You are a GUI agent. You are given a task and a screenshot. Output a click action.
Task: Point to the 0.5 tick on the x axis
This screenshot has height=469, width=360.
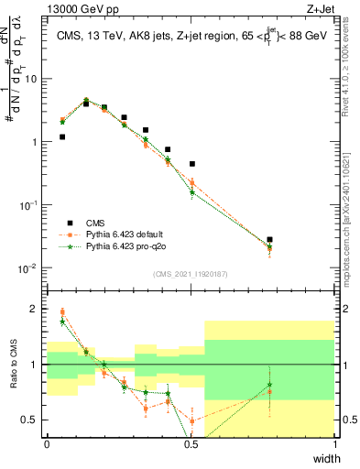[191, 444]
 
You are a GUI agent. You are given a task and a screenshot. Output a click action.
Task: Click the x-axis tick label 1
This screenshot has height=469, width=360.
[335, 444]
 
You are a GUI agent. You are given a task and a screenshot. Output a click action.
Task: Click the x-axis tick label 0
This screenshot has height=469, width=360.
[47, 444]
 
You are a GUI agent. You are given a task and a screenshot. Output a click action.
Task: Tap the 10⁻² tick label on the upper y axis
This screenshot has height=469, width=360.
[30, 268]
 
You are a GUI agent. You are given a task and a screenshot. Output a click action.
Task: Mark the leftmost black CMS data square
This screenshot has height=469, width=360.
[62, 136]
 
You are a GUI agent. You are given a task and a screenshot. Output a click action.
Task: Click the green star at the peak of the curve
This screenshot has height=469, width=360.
[86, 100]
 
